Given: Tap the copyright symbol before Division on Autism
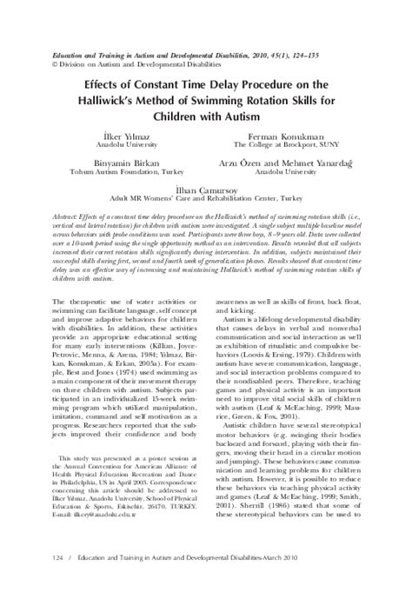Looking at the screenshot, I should [x=56, y=64].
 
